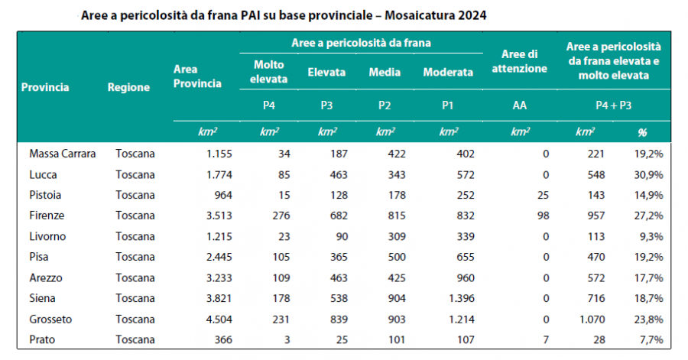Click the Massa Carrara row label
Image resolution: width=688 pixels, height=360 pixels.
pos(63,154)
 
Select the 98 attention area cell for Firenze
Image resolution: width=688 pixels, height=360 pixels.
pos(544,216)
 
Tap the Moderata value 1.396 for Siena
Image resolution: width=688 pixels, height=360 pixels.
pos(460,297)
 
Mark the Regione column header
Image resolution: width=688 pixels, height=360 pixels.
pos(128,87)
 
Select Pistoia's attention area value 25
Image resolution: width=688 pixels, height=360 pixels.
pos(543,195)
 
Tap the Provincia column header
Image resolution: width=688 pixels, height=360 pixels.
pos(45,87)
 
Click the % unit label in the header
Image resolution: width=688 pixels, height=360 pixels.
pos(641,132)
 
